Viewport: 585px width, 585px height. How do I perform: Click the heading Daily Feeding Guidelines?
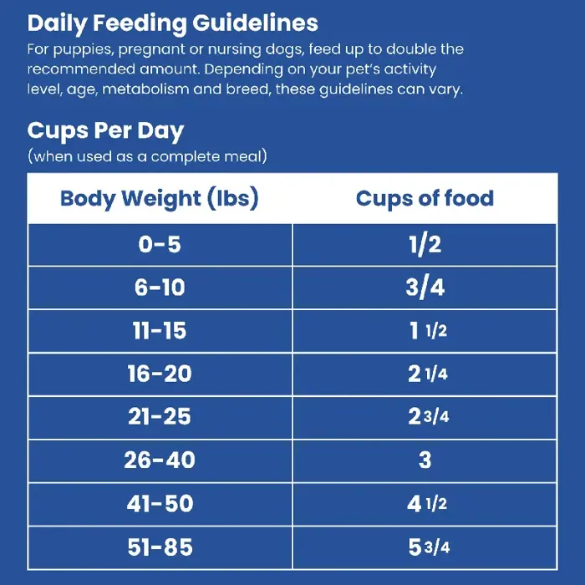[173, 23]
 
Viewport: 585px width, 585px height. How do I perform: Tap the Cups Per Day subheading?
[105, 131]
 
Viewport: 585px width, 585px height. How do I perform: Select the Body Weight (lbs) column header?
[160, 199]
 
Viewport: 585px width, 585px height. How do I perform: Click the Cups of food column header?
[425, 199]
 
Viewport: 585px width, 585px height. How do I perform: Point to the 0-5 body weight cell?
[160, 245]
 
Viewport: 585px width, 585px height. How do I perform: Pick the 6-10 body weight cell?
[160, 288]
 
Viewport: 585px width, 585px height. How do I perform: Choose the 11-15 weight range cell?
[160, 331]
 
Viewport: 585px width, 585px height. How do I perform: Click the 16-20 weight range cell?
[160, 374]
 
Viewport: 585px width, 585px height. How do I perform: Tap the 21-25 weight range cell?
[160, 417]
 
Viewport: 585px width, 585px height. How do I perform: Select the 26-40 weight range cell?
[160, 460]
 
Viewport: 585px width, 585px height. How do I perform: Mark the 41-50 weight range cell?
[160, 504]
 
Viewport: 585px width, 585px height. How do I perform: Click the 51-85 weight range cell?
[160, 547]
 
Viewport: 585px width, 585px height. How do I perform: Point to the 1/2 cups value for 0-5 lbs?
[425, 245]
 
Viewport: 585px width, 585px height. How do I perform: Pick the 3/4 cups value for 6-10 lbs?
[425, 288]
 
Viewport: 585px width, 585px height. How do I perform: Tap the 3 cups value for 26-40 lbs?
[425, 460]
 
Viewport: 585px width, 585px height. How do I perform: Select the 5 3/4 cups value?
[428, 547]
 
